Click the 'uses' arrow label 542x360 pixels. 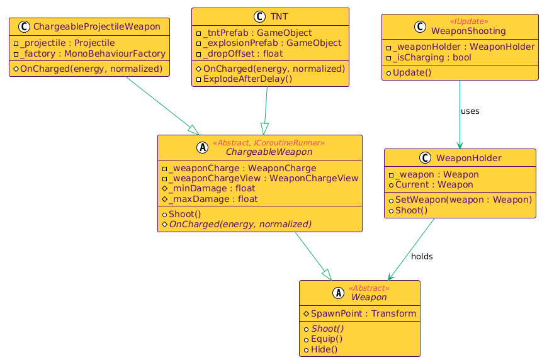(470, 111)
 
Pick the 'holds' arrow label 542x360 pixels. (421, 257)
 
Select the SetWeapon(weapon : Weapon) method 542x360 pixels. (463, 200)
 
